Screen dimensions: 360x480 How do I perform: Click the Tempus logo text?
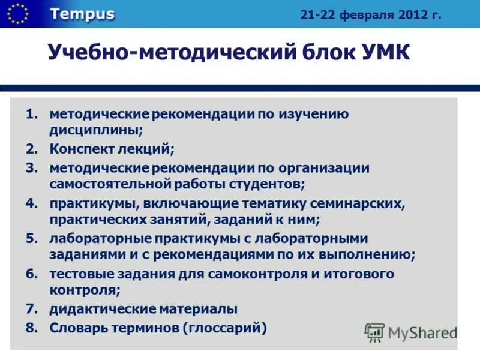82,14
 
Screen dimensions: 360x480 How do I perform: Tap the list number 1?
32,113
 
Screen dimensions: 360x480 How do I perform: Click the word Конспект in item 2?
79,148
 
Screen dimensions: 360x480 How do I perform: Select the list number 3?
32,168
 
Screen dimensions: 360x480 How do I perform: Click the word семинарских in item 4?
358,203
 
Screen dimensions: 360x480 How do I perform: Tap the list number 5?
32,238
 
